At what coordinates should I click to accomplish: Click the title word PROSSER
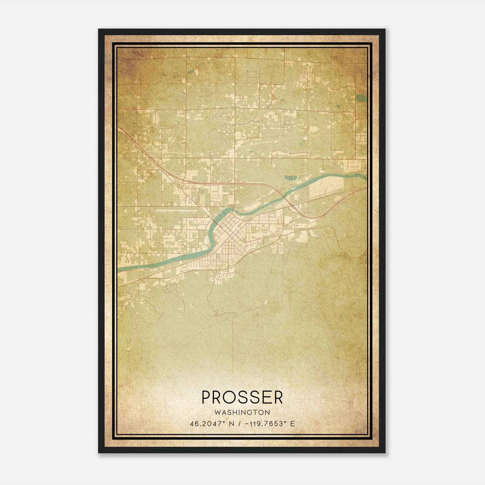(242, 397)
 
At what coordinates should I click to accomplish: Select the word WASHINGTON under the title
(242, 413)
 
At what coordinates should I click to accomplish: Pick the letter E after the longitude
(292, 424)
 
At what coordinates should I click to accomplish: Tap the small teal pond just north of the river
(291, 178)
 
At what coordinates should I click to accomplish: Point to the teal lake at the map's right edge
(361, 98)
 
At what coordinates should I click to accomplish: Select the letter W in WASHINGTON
(217, 413)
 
